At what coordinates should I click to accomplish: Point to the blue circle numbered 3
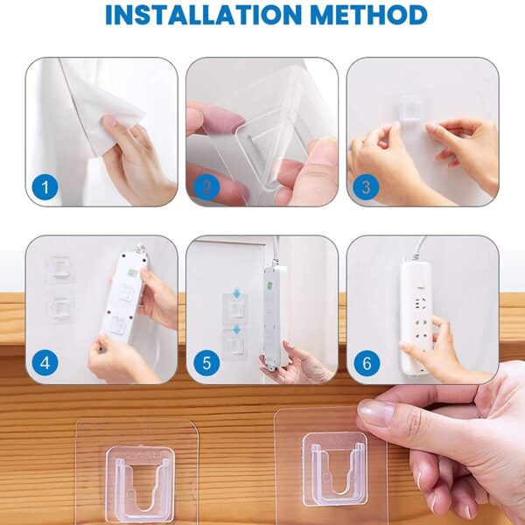[365, 185]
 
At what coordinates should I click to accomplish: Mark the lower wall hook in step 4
[59, 307]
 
